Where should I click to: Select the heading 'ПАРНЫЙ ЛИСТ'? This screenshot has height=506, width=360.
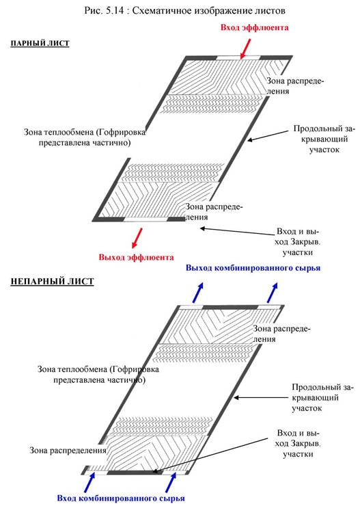(x=40, y=43)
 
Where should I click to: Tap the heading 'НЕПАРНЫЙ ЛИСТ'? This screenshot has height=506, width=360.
(x=52, y=281)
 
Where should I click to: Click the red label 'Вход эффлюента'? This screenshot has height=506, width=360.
(x=254, y=27)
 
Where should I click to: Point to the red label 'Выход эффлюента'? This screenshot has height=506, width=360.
(x=136, y=257)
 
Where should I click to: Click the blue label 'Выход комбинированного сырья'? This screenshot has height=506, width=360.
(x=253, y=268)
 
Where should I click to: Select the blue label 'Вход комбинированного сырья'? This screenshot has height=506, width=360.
(x=121, y=498)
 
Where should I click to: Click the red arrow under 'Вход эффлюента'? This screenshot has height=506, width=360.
(x=246, y=49)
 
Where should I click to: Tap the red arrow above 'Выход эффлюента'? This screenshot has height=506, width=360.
(x=137, y=238)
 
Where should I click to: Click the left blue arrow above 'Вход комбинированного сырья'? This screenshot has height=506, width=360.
(x=90, y=483)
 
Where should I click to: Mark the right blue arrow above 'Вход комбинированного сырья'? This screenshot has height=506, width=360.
(x=171, y=483)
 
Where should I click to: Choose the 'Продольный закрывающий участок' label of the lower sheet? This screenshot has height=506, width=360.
(x=322, y=397)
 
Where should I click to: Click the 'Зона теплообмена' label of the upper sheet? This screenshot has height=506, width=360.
(x=85, y=137)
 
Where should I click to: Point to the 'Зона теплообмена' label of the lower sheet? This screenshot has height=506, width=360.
(x=98, y=374)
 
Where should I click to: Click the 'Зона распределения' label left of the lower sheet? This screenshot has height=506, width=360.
(x=68, y=450)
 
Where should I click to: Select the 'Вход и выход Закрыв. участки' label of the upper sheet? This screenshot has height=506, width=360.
(x=298, y=241)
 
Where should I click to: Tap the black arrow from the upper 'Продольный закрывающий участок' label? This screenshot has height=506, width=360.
(x=268, y=136)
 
